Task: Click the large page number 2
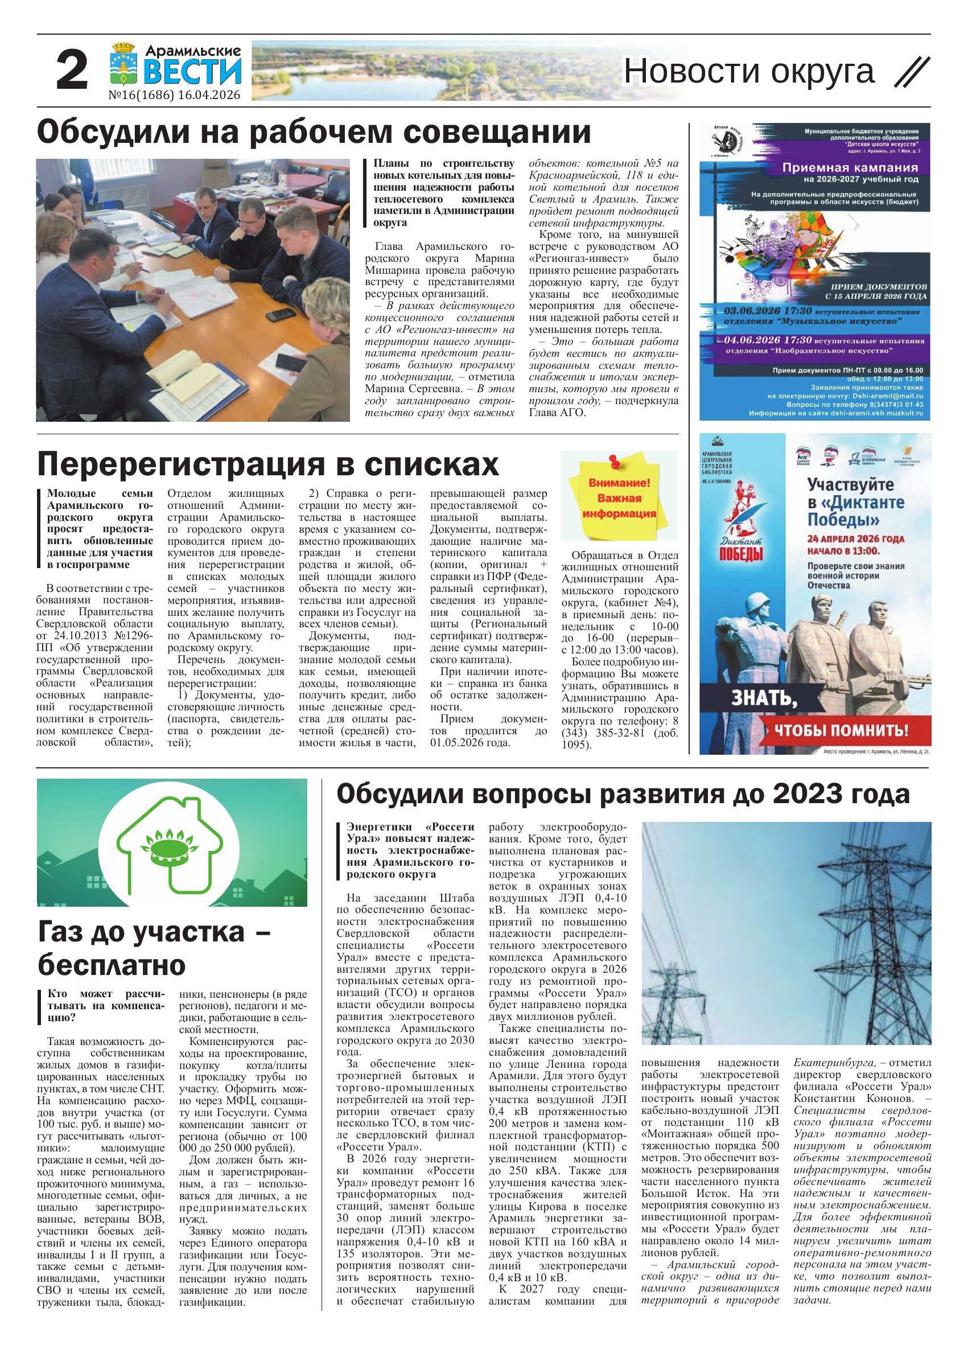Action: [72, 71]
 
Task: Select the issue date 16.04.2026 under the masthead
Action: [208, 96]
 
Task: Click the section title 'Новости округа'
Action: [749, 71]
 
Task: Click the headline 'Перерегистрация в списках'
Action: [268, 464]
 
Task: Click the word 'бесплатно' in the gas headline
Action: [112, 965]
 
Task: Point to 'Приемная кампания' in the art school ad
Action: [850, 168]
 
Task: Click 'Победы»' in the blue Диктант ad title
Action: [835, 520]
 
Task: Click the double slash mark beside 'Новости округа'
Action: [912, 72]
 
